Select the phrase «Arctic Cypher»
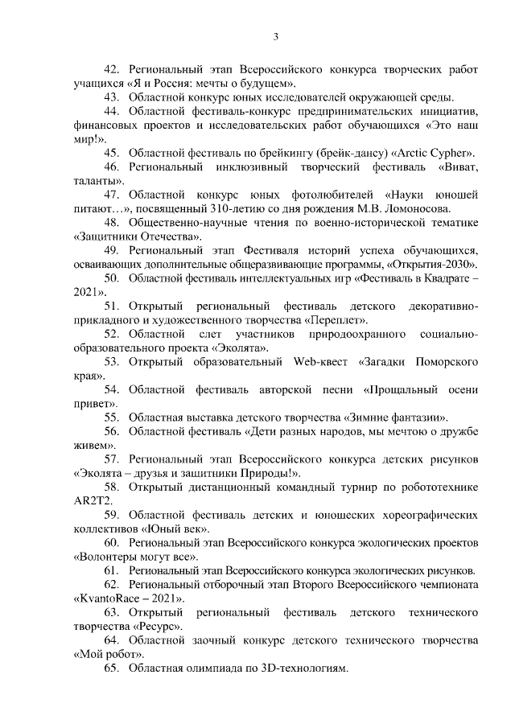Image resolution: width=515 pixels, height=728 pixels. [433, 153]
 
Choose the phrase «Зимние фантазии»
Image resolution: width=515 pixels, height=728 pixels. [393, 417]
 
